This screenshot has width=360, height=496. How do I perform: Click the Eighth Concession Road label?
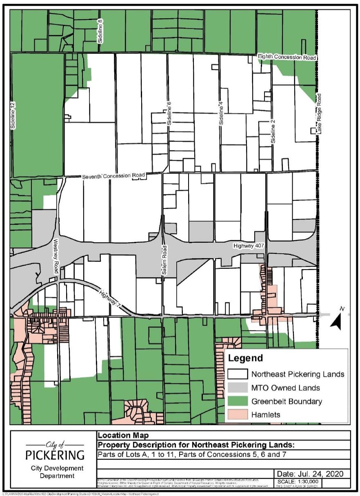pyautogui.click(x=287, y=58)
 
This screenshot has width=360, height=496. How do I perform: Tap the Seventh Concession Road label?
pyautogui.click(x=113, y=176)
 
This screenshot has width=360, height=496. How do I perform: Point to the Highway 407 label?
pyautogui.click(x=249, y=246)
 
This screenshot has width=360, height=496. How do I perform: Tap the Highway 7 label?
pyautogui.click(x=110, y=299)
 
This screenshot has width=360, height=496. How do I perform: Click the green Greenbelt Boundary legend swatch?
pyautogui.click(x=238, y=401)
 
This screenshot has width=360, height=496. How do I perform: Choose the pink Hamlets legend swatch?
pyautogui.click(x=238, y=414)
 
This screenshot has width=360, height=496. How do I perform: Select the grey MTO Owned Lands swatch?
pyautogui.click(x=238, y=387)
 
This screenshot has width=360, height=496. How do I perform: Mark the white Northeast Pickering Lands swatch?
pyautogui.click(x=238, y=374)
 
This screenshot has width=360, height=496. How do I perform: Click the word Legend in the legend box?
pyautogui.click(x=245, y=359)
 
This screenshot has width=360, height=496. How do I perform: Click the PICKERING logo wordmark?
pyautogui.click(x=55, y=454)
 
